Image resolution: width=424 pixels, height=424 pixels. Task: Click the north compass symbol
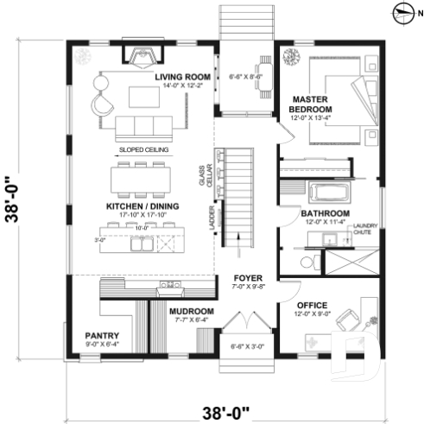(402, 11)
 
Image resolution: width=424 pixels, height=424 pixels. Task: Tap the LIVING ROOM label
(183, 77)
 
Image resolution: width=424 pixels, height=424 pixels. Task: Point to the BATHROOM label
(325, 213)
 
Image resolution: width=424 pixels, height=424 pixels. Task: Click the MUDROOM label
(191, 311)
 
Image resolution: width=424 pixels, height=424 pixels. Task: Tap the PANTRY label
(101, 335)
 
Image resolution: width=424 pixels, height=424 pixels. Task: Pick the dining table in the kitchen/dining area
(142, 179)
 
